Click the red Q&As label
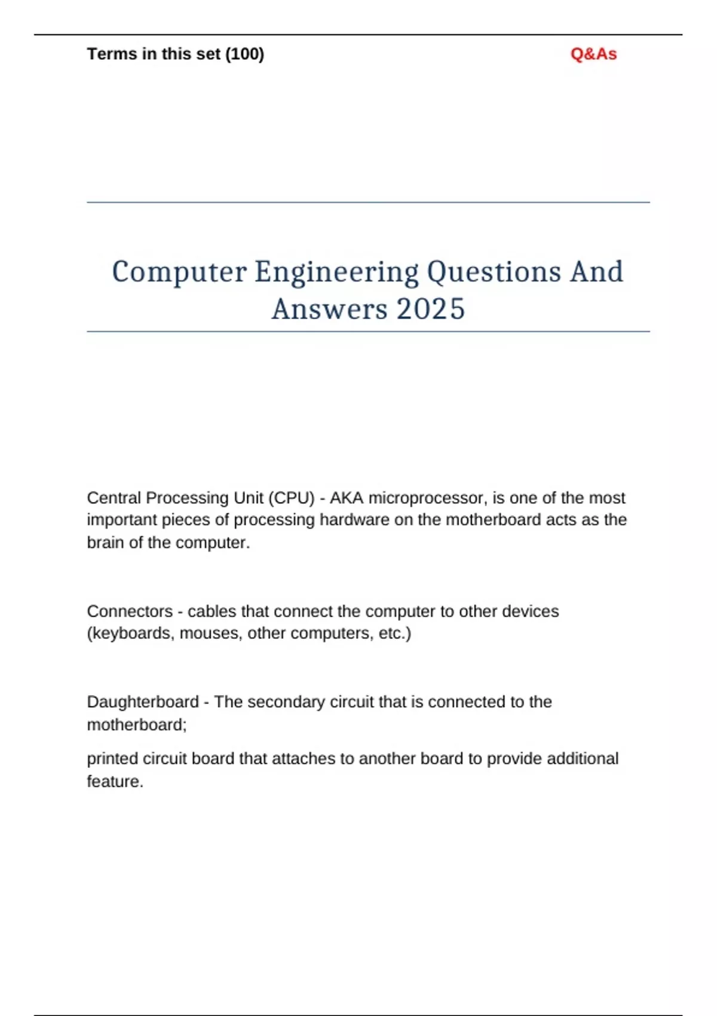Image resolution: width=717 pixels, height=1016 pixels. click(x=593, y=54)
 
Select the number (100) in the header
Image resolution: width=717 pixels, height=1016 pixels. click(x=244, y=54)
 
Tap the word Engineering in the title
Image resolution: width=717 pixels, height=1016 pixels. click(x=337, y=273)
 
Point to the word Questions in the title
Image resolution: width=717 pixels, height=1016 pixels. click(x=494, y=273)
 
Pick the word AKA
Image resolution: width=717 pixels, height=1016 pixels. click(x=347, y=498)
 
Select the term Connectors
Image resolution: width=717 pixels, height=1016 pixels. click(x=130, y=611)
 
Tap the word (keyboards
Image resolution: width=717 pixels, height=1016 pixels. click(x=131, y=634)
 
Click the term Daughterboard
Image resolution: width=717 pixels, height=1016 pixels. click(x=143, y=702)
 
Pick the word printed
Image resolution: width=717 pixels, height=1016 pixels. click(x=112, y=759)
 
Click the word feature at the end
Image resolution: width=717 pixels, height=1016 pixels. click(x=114, y=782)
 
